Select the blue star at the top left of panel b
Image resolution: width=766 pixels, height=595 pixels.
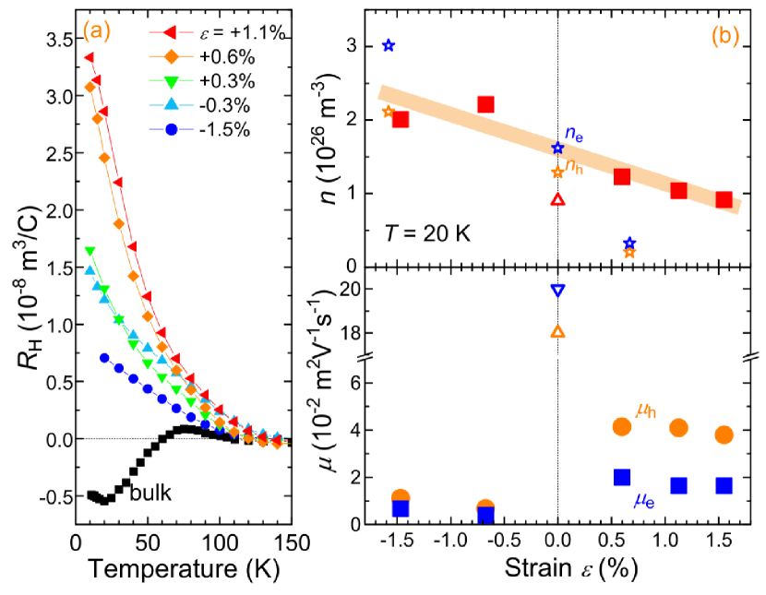[389, 45]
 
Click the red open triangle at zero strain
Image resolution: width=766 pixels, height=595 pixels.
[557, 199]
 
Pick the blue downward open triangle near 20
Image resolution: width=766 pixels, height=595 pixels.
[557, 290]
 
